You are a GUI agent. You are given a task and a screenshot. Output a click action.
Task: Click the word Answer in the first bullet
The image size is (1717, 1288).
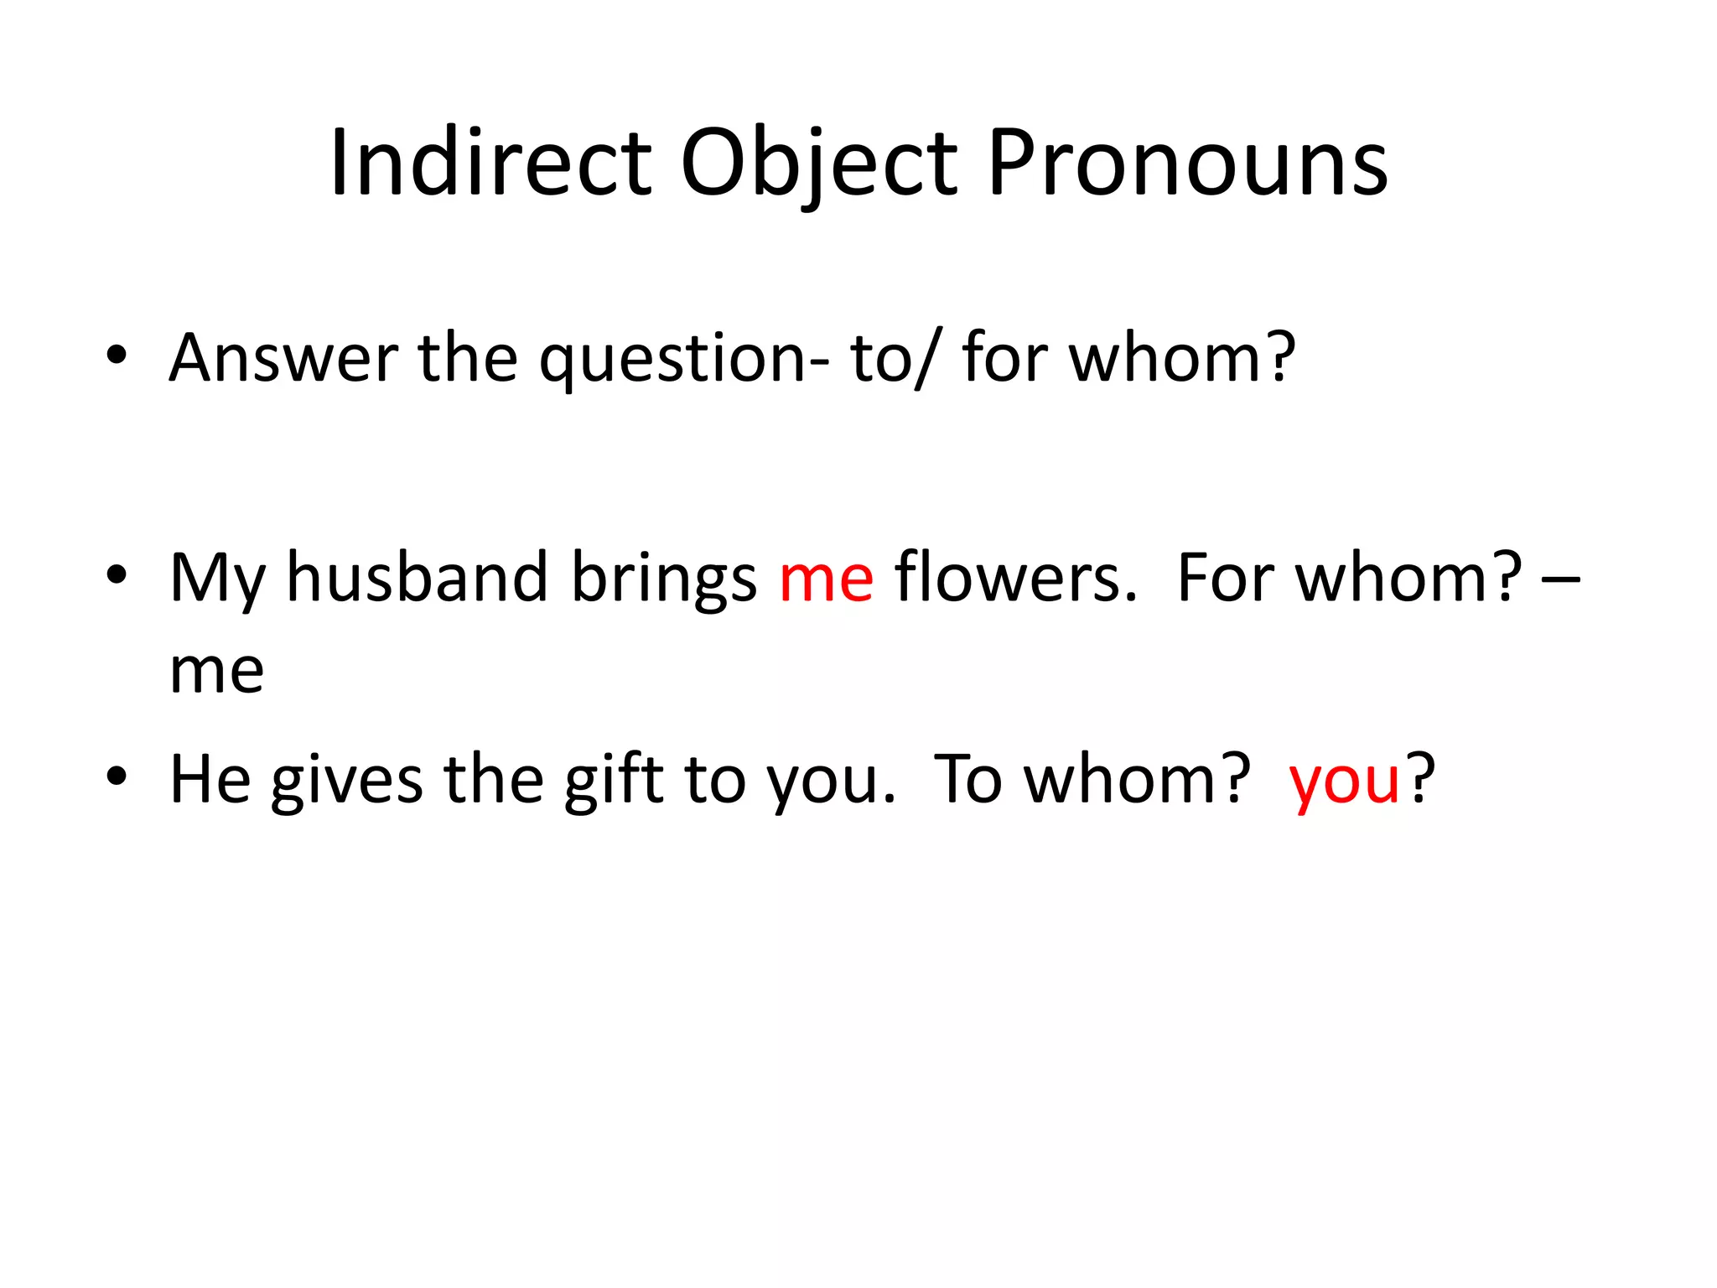283,358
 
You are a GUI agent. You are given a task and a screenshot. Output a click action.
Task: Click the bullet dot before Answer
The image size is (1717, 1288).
117,356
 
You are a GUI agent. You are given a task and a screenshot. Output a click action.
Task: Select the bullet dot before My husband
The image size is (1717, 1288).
117,576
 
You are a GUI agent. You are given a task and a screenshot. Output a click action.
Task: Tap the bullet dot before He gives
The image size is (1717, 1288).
117,777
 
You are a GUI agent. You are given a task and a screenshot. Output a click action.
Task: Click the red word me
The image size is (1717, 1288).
826,579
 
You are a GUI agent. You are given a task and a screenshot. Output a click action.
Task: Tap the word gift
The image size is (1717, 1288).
614,780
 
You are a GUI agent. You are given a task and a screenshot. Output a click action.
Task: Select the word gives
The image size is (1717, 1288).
346,780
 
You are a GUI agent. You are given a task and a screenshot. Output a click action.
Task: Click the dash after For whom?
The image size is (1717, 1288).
1560,579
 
